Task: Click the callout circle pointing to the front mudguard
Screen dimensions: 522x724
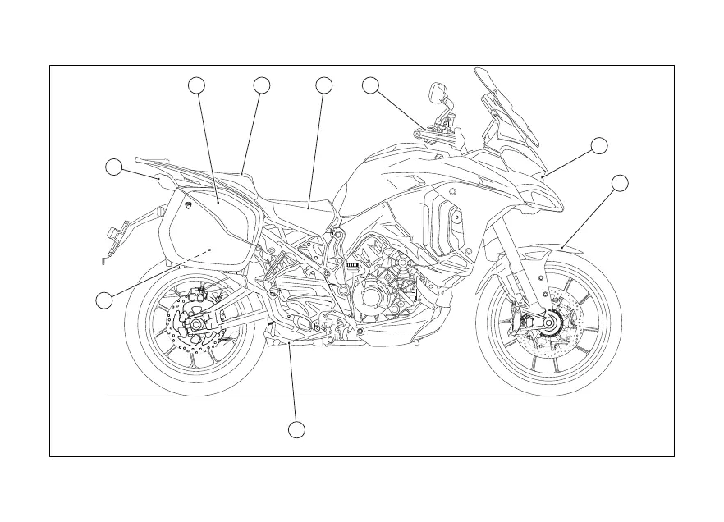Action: tap(621, 182)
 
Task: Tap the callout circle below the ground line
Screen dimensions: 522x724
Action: tap(297, 429)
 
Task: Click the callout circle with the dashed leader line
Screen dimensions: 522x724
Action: tap(103, 300)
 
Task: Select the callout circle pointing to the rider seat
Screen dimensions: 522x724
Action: tap(323, 85)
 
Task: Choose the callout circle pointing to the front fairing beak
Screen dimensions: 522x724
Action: tap(599, 146)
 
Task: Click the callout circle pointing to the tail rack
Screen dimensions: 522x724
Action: tap(115, 167)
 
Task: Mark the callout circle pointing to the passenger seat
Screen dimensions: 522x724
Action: tap(261, 85)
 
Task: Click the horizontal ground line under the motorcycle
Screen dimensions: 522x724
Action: tap(361, 396)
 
